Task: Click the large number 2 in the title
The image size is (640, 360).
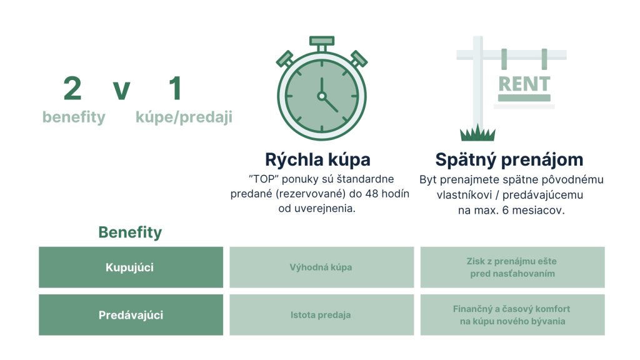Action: [72, 88]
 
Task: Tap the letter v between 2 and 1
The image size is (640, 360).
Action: [121, 91]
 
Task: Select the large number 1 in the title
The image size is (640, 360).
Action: [175, 88]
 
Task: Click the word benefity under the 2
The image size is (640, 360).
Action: [74, 117]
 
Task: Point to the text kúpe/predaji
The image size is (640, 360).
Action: [184, 117]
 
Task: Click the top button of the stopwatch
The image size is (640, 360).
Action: [322, 41]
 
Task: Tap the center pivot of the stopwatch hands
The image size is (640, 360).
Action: [322, 96]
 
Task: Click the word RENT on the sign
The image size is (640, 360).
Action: [524, 84]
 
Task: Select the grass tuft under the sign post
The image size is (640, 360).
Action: [477, 133]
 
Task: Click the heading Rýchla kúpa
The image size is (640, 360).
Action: [317, 159]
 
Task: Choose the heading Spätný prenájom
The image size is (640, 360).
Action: [509, 159]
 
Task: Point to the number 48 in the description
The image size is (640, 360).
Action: [372, 194]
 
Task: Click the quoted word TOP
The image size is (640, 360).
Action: [263, 179]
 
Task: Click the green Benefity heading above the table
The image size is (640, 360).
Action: [130, 232]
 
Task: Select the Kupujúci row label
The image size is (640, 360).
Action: [130, 267]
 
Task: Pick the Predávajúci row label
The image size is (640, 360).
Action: [131, 315]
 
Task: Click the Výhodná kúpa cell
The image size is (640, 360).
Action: [321, 267]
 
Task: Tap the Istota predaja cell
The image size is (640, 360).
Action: [321, 315]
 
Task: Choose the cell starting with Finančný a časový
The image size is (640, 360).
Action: [512, 315]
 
